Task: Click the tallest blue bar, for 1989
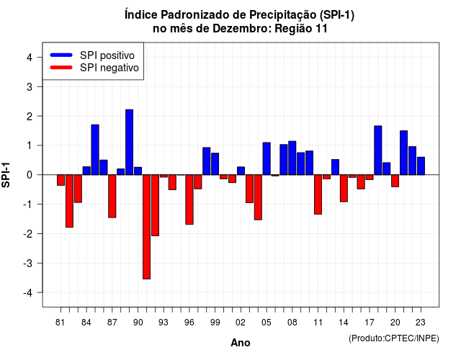click(x=129, y=143)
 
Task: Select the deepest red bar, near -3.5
click(x=146, y=227)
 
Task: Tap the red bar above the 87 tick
click(x=112, y=197)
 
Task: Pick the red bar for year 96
click(x=189, y=199)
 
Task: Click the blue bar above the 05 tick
click(x=267, y=158)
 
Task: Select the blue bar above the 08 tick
click(x=292, y=158)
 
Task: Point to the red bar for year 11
click(x=318, y=194)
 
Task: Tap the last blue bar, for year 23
click(x=421, y=166)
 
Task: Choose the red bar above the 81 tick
click(x=61, y=180)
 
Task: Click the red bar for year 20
click(x=395, y=181)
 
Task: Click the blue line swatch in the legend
click(x=61, y=55)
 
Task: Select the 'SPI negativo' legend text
click(x=109, y=68)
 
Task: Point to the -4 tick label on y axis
click(x=29, y=293)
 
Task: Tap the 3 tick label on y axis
click(x=30, y=86)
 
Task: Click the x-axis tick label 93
click(x=164, y=323)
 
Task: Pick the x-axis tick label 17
click(x=370, y=323)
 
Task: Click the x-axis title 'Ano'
click(x=241, y=343)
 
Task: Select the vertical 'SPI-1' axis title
click(x=6, y=175)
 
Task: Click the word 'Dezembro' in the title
click(x=241, y=29)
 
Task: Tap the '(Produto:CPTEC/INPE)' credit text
click(x=394, y=338)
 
